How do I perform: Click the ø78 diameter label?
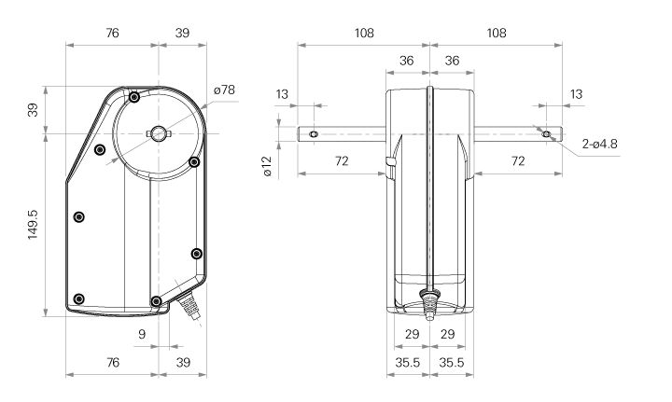click(224, 90)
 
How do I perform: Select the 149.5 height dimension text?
click(33, 224)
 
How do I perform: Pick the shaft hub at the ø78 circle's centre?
click(160, 134)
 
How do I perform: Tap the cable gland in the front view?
click(429, 302)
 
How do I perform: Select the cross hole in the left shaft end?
click(314, 134)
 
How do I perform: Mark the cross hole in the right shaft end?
click(546, 134)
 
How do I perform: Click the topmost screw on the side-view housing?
click(135, 97)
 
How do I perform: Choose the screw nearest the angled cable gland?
click(156, 300)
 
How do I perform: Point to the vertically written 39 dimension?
click(33, 110)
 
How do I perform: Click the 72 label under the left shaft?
click(341, 162)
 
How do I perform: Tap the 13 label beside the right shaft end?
click(576, 94)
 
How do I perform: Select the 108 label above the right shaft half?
click(497, 33)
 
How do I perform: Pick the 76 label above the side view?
click(112, 33)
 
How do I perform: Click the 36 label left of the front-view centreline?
click(407, 61)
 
